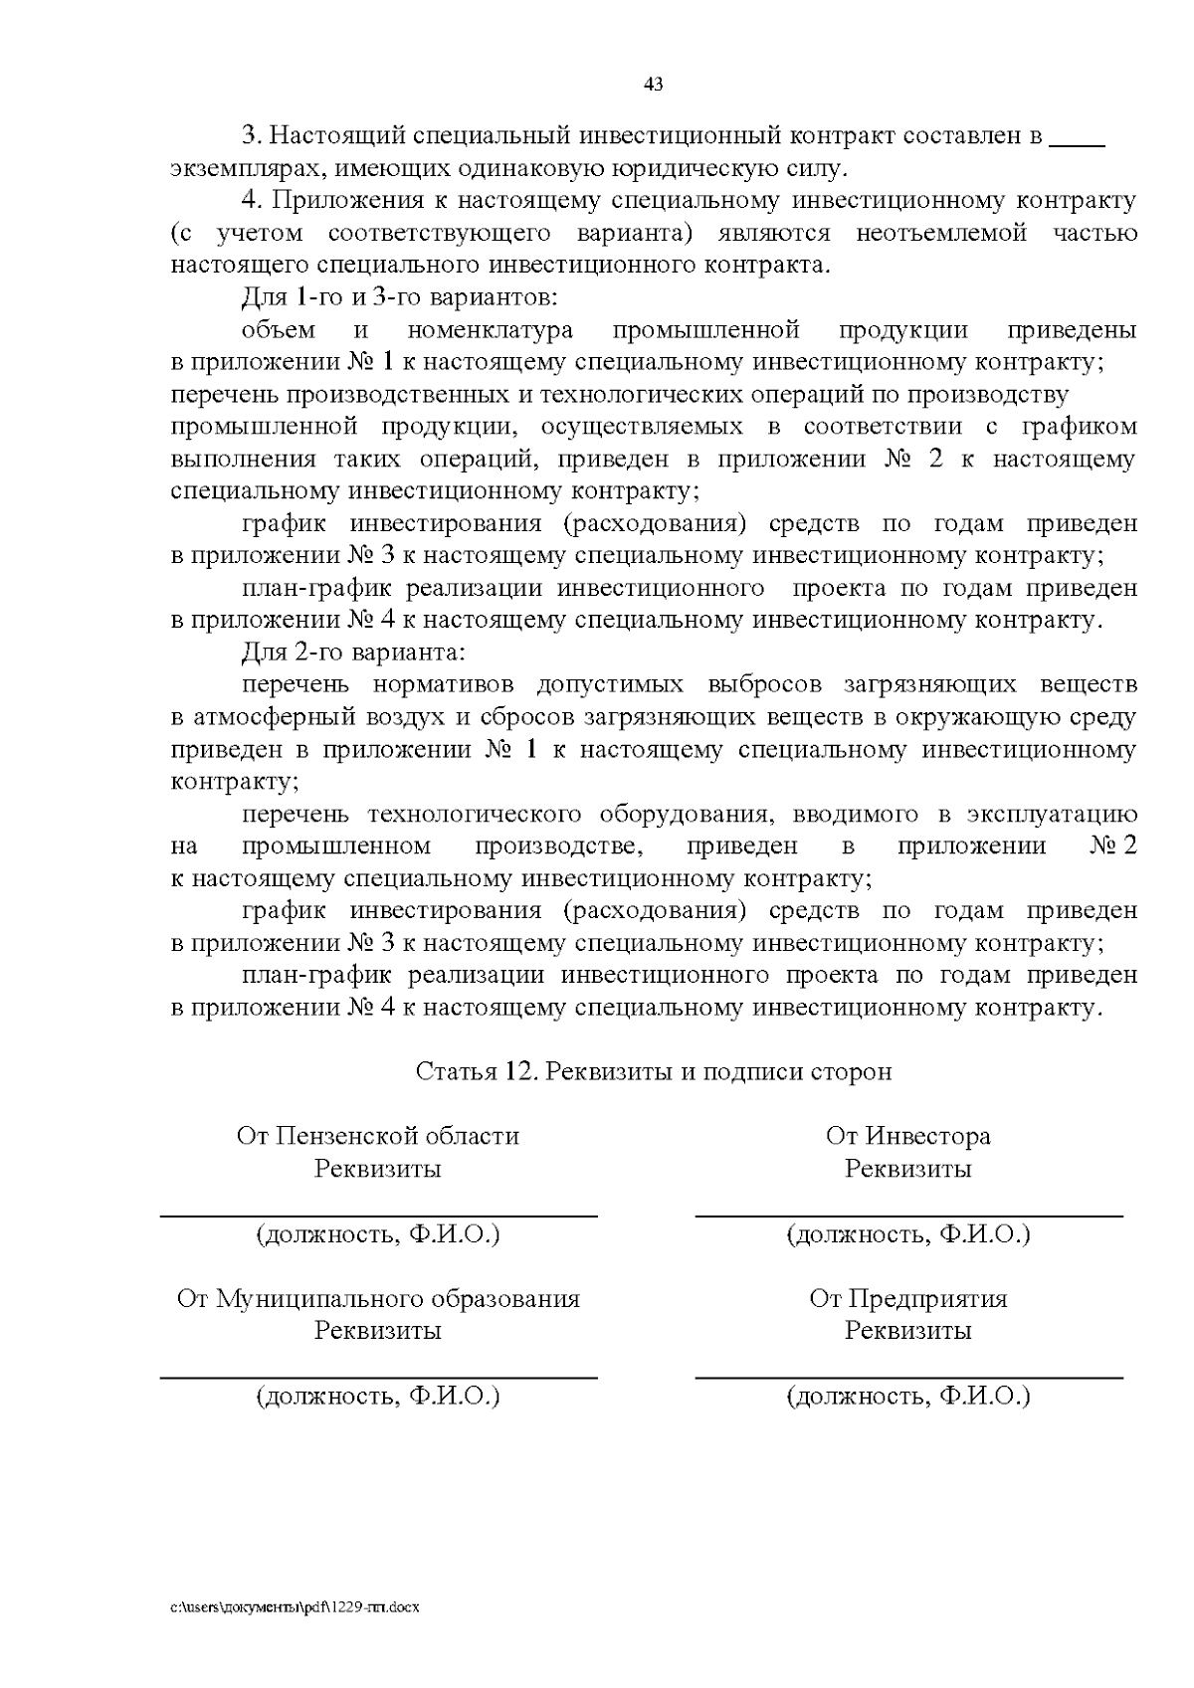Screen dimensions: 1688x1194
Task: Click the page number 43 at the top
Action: [654, 85]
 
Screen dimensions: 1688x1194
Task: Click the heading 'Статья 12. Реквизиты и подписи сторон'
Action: [654, 1071]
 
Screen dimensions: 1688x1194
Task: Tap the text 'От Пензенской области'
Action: [378, 1136]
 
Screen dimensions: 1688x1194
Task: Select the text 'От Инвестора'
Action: [907, 1136]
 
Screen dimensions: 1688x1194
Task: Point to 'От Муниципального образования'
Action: [378, 1298]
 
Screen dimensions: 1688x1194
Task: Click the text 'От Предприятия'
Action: [907, 1298]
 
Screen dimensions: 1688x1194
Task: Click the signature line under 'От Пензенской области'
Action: [378, 1216]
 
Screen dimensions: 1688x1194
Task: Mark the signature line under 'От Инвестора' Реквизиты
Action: [907, 1216]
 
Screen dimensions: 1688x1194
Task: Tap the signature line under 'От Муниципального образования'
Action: [378, 1378]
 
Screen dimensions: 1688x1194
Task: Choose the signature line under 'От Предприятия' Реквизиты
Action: [907, 1378]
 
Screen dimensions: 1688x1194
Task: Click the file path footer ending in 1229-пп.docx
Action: [296, 1607]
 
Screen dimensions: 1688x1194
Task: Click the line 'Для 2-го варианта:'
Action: [353, 653]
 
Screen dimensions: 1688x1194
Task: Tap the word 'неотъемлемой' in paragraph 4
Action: [940, 234]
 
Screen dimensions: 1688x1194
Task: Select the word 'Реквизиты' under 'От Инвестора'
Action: [907, 1169]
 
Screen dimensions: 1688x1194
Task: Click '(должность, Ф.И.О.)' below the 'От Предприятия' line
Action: [907, 1397]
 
